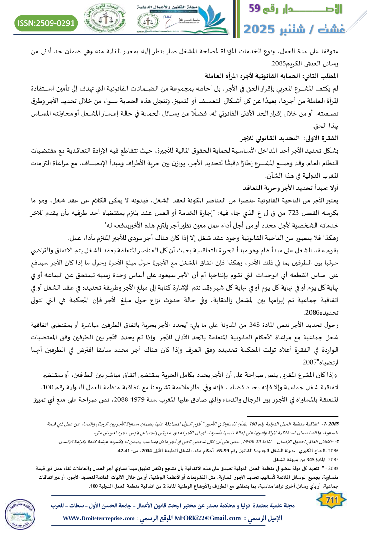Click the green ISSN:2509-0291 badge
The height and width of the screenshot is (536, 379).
point(46,22)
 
